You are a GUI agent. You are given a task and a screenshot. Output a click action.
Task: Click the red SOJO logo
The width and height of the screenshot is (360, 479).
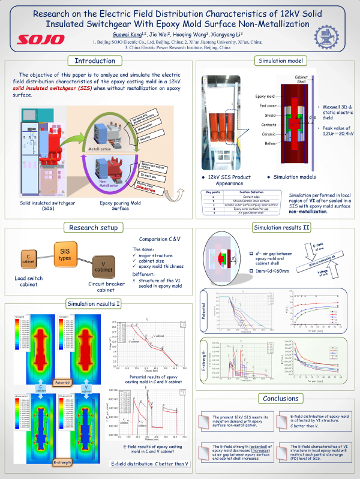41,39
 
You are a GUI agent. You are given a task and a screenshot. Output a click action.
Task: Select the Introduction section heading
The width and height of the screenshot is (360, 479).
95,61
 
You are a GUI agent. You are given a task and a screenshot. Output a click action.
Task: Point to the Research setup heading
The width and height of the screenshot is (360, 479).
95,228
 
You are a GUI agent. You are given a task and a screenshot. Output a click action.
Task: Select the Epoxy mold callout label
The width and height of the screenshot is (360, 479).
265,96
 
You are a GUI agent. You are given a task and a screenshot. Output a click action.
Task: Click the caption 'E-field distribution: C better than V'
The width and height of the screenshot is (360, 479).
149,464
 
